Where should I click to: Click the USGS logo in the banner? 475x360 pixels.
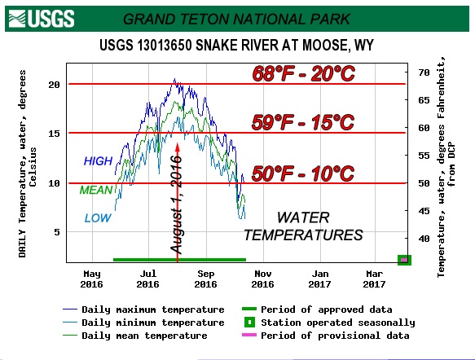[x=42, y=19]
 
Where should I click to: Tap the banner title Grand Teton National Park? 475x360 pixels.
[x=236, y=20]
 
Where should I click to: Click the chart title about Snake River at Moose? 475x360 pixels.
[x=236, y=46]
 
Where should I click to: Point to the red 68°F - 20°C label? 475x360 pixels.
[x=303, y=73]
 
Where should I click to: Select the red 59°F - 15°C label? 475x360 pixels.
[x=303, y=122]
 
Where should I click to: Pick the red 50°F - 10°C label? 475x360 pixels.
[x=303, y=173]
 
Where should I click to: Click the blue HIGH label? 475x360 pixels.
[x=98, y=161]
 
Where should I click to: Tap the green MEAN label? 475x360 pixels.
[x=96, y=190]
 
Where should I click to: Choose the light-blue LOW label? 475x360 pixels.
[x=98, y=218]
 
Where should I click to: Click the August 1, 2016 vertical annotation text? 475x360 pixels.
[x=176, y=204]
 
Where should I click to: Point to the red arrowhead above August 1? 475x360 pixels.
[x=178, y=147]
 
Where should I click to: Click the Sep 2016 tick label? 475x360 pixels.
[x=205, y=279]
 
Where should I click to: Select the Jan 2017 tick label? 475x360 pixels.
[x=320, y=279]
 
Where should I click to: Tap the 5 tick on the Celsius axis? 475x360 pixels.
[x=57, y=232]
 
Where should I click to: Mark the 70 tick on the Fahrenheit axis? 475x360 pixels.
[x=424, y=72]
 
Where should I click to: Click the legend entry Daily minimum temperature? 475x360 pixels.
[x=143, y=323]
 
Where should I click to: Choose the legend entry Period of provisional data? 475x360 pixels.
[x=326, y=336]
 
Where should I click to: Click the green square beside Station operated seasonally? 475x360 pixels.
[x=249, y=323]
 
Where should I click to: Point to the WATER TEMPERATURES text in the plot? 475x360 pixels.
[x=303, y=226]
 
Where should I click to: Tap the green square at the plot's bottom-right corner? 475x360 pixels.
[x=404, y=260]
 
